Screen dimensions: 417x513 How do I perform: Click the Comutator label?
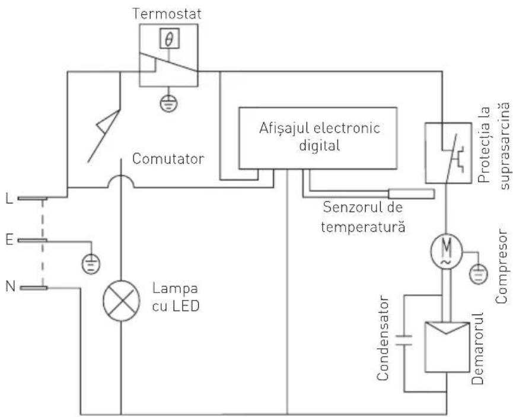[x=160, y=160]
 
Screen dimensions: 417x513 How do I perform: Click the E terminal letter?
[x=8, y=240]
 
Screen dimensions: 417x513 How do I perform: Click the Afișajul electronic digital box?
[x=317, y=138]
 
